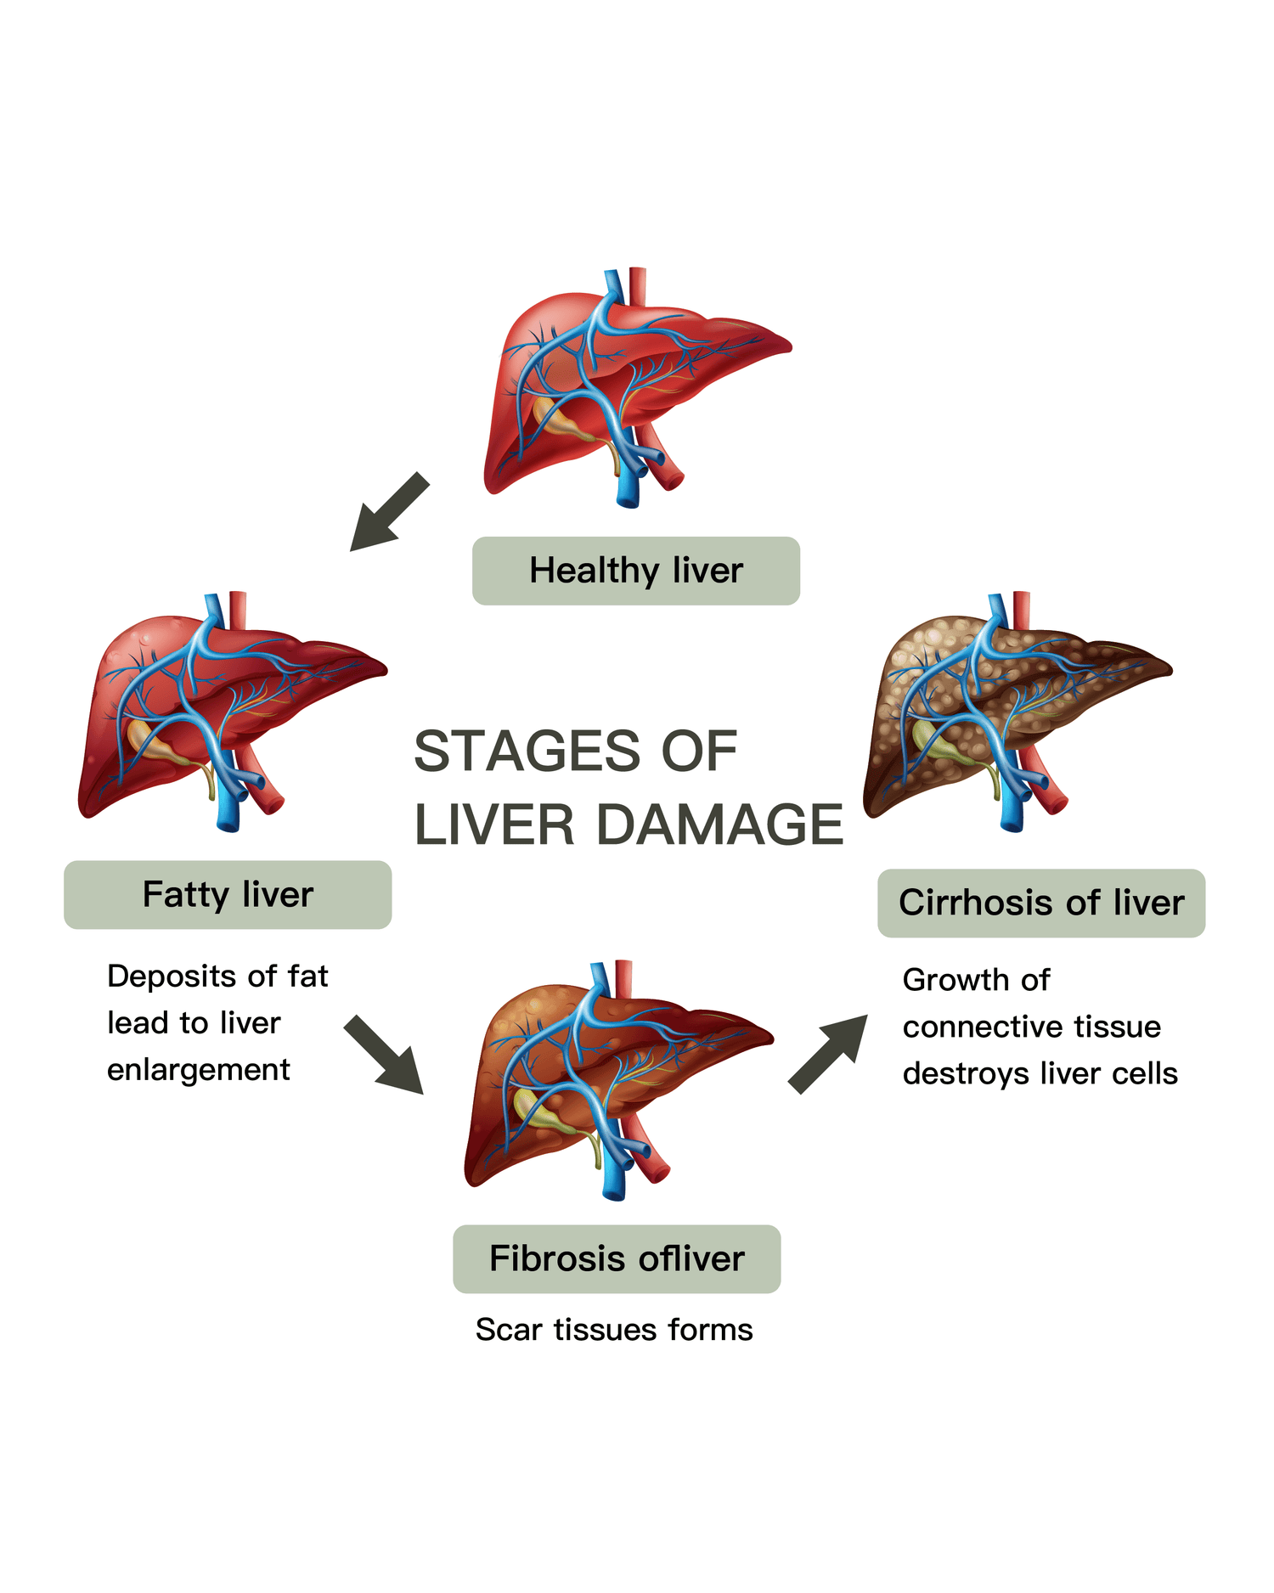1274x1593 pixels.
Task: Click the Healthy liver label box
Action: pyautogui.click(x=635, y=571)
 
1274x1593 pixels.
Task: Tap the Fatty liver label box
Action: pyautogui.click(x=228, y=895)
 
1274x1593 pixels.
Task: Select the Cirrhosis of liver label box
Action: pyautogui.click(x=1040, y=903)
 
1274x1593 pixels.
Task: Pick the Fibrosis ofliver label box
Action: pyautogui.click(x=617, y=1258)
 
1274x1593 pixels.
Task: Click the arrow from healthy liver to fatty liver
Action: pyautogui.click(x=390, y=512)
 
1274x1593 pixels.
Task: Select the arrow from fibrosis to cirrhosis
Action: pyautogui.click(x=828, y=1054)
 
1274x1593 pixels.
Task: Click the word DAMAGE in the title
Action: pyautogui.click(x=719, y=825)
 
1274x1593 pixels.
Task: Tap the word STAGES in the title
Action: pyautogui.click(x=527, y=751)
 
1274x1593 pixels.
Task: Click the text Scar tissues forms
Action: pyautogui.click(x=614, y=1330)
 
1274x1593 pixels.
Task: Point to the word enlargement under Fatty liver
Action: pyautogui.click(x=198, y=1070)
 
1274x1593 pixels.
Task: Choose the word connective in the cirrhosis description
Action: pyautogui.click(x=972, y=1027)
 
